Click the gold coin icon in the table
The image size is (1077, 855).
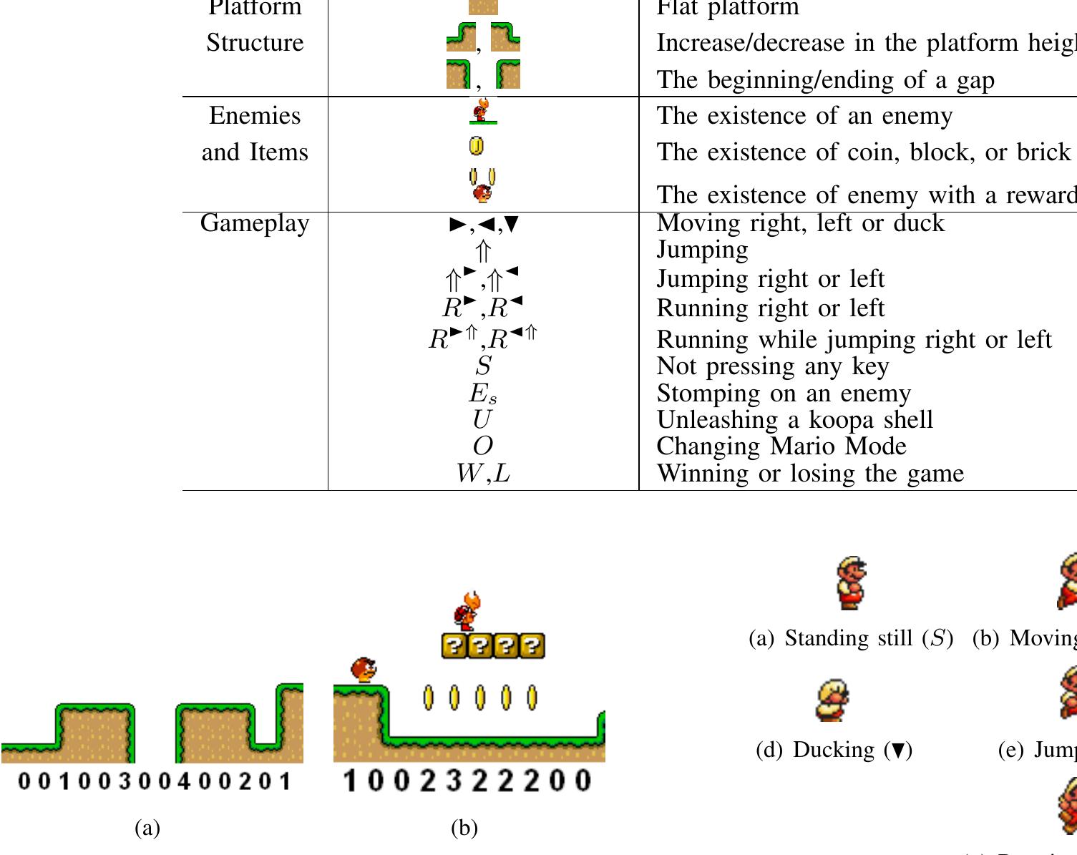point(476,146)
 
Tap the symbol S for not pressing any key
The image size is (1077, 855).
point(483,366)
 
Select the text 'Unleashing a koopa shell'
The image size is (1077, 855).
point(794,419)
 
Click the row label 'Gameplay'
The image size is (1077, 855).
point(255,223)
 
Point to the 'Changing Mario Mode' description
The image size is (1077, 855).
point(781,446)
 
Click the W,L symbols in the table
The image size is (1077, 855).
point(483,473)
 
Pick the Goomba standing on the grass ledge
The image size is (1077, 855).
point(364,670)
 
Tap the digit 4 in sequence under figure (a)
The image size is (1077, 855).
point(184,781)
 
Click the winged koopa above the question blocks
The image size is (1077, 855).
point(467,610)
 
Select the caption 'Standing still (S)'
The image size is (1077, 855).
point(850,638)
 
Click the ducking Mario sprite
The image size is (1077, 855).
point(832,700)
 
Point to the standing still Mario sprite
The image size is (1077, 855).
point(851,583)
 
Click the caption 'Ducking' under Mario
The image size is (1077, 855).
point(834,750)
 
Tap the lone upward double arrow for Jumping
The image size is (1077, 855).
point(483,251)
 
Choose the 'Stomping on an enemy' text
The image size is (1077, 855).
point(784,393)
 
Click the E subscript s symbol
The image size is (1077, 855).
point(483,394)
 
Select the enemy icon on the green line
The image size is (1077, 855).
point(482,112)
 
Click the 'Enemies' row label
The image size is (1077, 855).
point(255,115)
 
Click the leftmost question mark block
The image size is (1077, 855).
point(454,646)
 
